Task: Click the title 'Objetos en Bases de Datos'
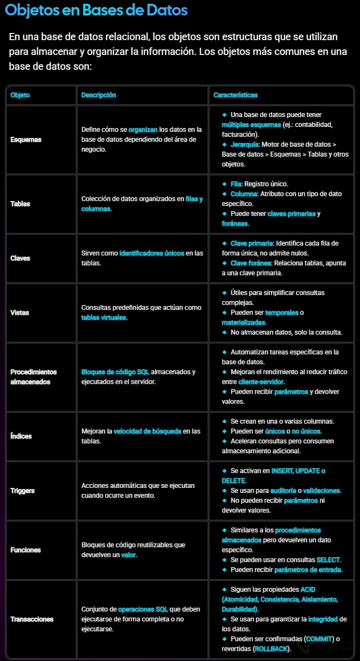(x=96, y=10)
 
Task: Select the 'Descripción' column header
(x=99, y=95)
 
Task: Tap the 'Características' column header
(x=236, y=95)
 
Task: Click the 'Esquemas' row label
(x=26, y=140)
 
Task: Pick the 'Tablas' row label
(x=20, y=204)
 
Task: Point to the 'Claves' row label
(x=20, y=258)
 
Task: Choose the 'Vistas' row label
(x=20, y=313)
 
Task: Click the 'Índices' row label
(x=21, y=436)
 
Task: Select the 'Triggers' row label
(x=23, y=491)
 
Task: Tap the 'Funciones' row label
(x=25, y=550)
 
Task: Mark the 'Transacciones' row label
(x=32, y=619)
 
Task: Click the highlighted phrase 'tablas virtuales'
(x=104, y=318)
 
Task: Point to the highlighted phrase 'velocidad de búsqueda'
(x=147, y=431)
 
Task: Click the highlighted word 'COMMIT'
(x=319, y=639)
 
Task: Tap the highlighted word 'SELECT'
(x=329, y=560)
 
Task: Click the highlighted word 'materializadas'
(x=242, y=323)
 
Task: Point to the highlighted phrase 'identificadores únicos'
(x=152, y=253)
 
